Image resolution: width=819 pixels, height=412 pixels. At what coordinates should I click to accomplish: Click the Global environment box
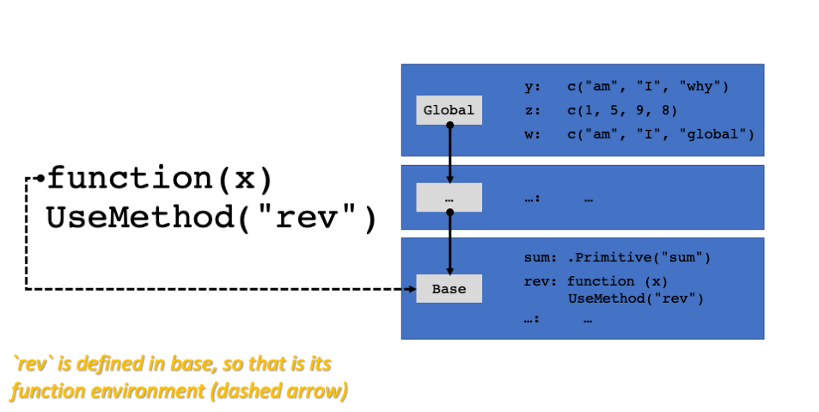pyautogui.click(x=449, y=110)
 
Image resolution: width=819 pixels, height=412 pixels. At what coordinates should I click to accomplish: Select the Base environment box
pyautogui.click(x=449, y=289)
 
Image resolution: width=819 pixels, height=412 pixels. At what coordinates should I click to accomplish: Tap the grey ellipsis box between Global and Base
pyautogui.click(x=449, y=198)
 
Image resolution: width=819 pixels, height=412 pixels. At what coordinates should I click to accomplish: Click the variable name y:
pyautogui.click(x=532, y=86)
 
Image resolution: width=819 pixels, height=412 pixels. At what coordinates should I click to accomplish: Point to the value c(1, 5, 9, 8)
pyautogui.click(x=622, y=110)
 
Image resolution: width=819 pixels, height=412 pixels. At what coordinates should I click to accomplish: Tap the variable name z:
pyautogui.click(x=532, y=110)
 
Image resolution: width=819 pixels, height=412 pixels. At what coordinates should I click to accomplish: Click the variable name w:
pyautogui.click(x=532, y=134)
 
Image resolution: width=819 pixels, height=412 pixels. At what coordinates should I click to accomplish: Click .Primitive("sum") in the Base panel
pyautogui.click(x=639, y=257)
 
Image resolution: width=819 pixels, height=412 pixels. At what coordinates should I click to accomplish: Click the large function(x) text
pyautogui.click(x=160, y=178)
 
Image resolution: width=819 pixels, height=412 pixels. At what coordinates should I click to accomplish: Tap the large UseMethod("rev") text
pyautogui.click(x=211, y=218)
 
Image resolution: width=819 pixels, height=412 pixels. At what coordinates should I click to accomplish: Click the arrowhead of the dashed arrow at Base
pyautogui.click(x=413, y=289)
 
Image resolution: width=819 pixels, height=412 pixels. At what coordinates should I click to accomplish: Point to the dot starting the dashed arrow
pyautogui.click(x=40, y=178)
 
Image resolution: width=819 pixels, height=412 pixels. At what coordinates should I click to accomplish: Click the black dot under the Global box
pyautogui.click(x=449, y=125)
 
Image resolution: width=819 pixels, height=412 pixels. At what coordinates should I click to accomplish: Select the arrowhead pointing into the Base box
pyautogui.click(x=449, y=271)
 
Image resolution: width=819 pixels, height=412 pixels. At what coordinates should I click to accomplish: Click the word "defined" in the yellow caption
pyautogui.click(x=108, y=364)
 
